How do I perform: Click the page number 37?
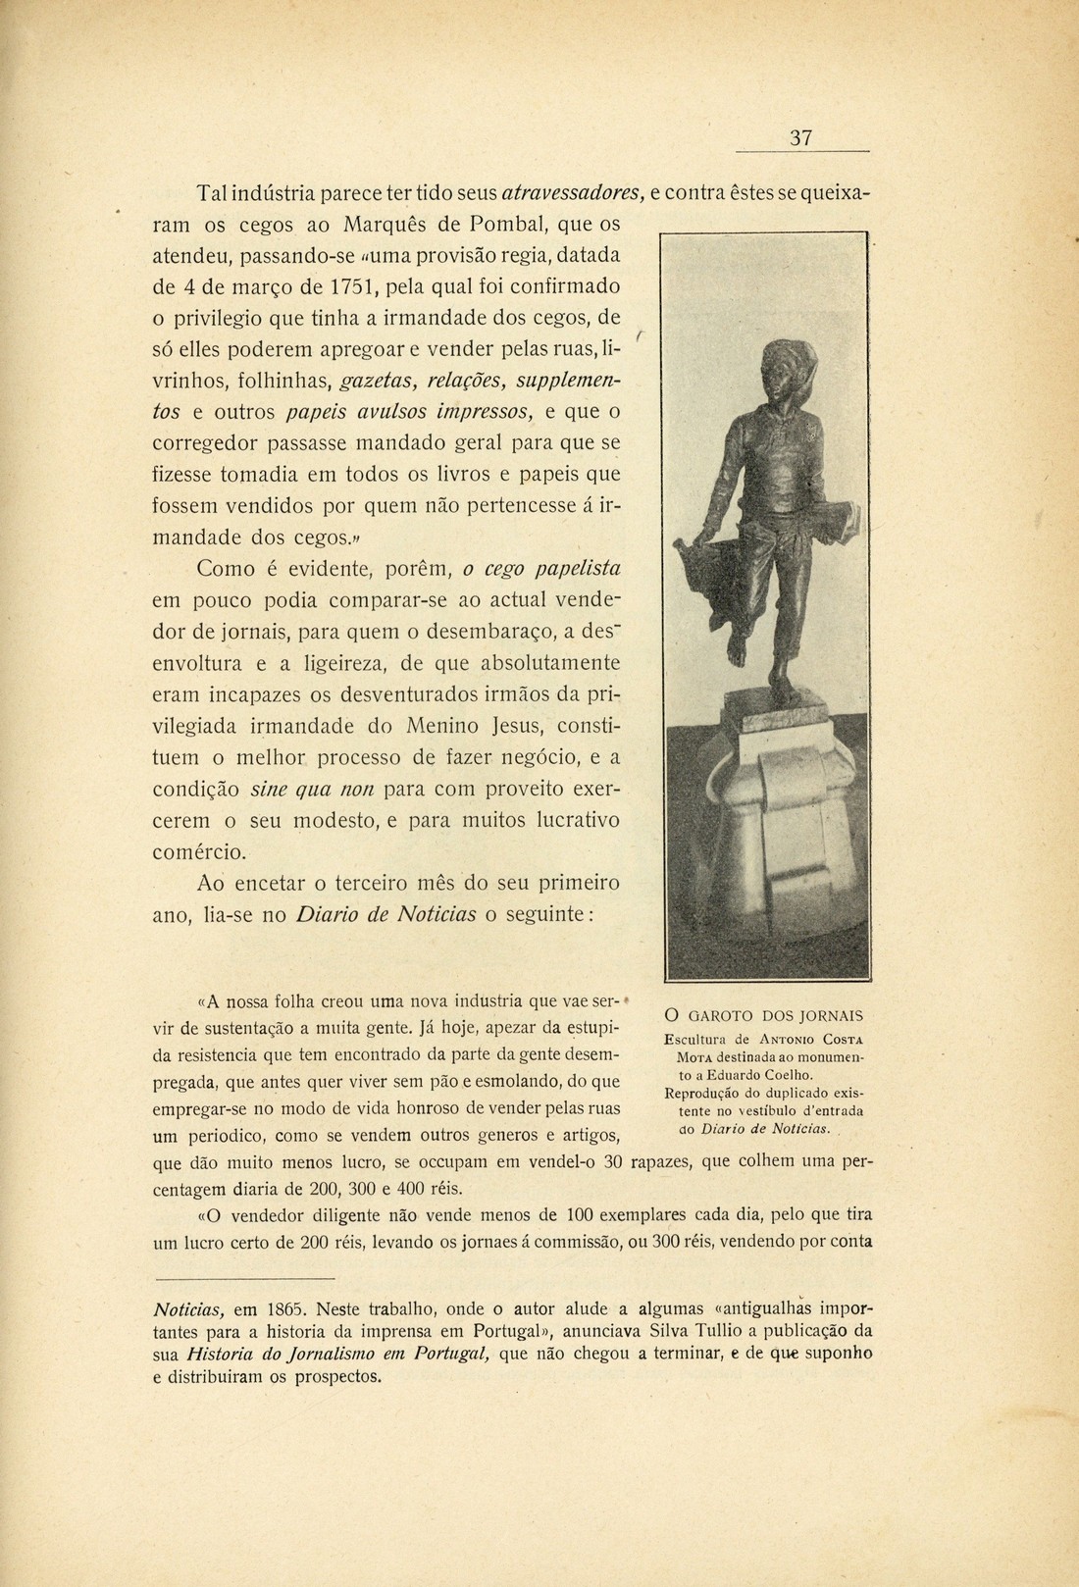(x=801, y=138)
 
